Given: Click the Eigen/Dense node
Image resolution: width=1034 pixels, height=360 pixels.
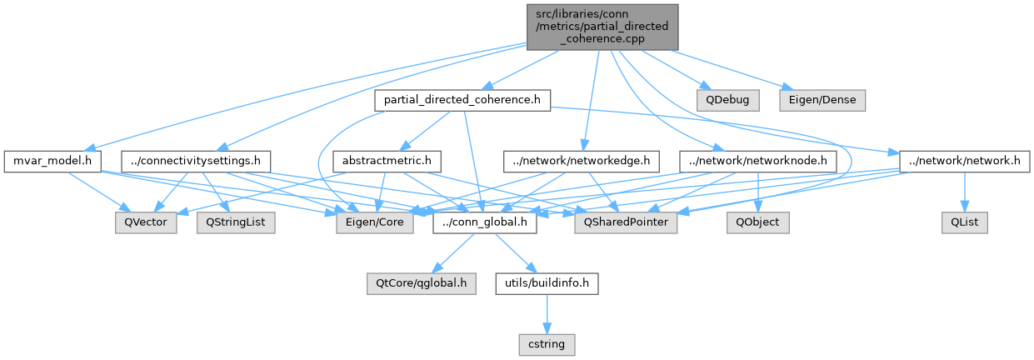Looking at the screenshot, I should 822,100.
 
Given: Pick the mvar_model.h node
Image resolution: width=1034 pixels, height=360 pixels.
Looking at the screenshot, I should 52,159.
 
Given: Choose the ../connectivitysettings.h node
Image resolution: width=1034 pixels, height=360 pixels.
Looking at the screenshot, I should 192,159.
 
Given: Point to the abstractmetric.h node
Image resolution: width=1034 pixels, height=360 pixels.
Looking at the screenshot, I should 386,159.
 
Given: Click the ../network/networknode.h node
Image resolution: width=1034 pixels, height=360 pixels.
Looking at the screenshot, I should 757,159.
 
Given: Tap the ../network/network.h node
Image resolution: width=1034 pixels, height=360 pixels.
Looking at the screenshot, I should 960,159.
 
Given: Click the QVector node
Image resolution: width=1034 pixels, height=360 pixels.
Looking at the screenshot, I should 146,222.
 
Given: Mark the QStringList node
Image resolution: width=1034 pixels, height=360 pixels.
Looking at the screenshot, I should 236,222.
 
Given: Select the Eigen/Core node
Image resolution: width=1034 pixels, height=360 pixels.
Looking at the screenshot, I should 374,222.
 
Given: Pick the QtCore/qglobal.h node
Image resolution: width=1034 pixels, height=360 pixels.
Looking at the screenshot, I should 422,283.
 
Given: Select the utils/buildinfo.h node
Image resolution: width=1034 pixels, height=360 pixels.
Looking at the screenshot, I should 547,283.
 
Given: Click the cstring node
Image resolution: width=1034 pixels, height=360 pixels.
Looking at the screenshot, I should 547,342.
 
